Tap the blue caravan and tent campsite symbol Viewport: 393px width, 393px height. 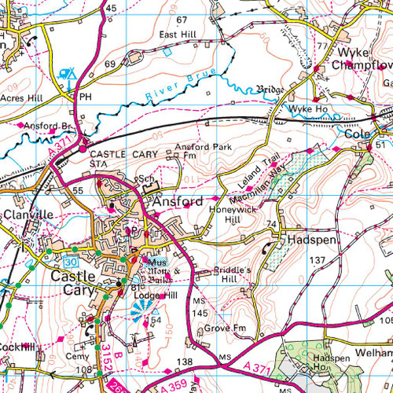(69, 75)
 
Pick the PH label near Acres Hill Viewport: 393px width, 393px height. (86, 96)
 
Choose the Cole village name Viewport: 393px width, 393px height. (358, 134)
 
